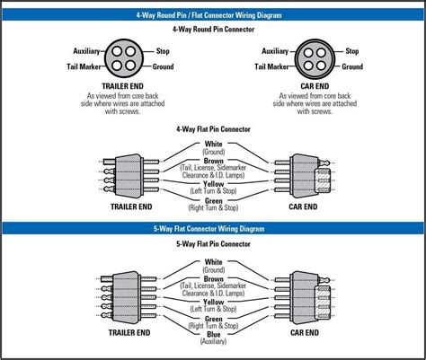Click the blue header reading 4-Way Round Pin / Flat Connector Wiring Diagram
click(x=213, y=15)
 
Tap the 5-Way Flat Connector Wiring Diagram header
click(x=213, y=229)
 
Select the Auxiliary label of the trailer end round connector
click(x=86, y=51)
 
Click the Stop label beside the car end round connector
click(x=352, y=51)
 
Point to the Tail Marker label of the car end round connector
click(x=271, y=66)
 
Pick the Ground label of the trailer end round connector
click(x=163, y=66)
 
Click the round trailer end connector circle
click(x=123, y=58)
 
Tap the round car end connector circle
click(x=315, y=58)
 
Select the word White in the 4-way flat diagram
click(x=213, y=144)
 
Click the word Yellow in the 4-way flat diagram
click(x=213, y=184)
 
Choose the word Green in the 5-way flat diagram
click(x=213, y=319)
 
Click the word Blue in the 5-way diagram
click(x=213, y=335)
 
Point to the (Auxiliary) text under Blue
click(x=213, y=341)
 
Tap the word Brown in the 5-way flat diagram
click(x=213, y=279)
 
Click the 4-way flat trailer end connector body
click(x=129, y=175)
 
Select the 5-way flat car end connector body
click(x=305, y=298)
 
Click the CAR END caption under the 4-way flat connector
click(x=303, y=206)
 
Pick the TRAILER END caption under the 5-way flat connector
click(x=129, y=332)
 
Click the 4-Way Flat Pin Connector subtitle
click(x=213, y=129)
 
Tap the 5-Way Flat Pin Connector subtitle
click(x=213, y=244)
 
